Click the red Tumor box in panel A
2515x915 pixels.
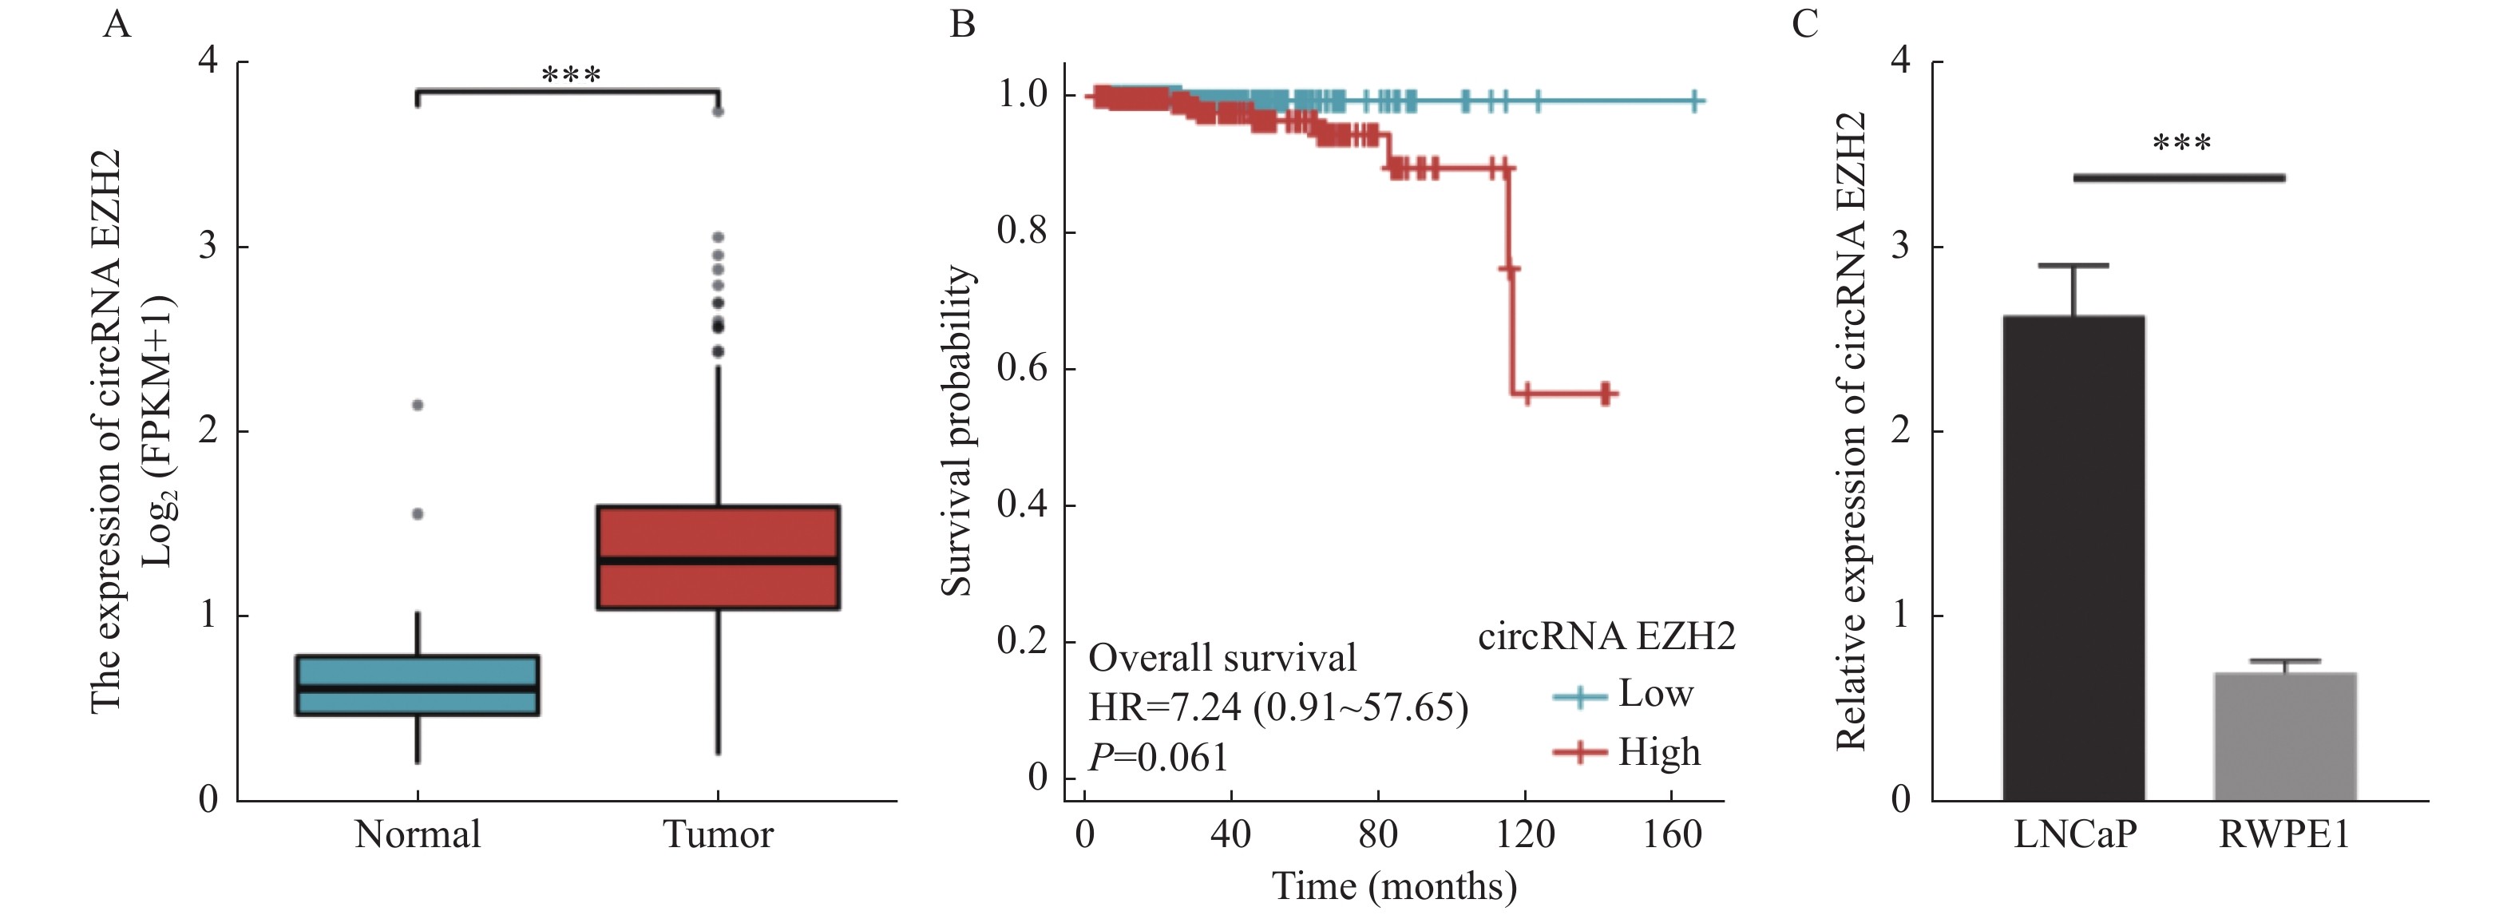coord(719,557)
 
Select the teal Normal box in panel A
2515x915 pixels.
coord(418,686)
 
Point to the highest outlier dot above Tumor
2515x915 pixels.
coord(719,111)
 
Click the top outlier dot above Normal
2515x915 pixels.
coord(418,404)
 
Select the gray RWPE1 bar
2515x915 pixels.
coord(2284,736)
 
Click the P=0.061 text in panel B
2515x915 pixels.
coord(1158,758)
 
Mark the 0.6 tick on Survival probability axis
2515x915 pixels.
coord(1022,368)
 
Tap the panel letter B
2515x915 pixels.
coord(963,23)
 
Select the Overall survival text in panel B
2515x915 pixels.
coord(1222,658)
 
